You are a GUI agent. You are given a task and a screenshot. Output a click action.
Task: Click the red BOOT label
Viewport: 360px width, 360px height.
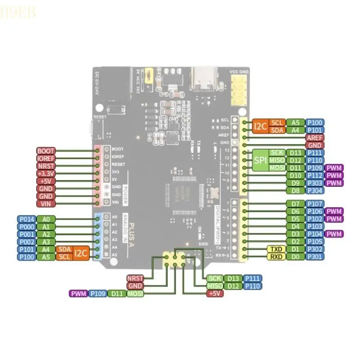[x=46, y=151]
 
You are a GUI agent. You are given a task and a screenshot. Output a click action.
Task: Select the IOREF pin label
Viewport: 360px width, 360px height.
[x=46, y=158]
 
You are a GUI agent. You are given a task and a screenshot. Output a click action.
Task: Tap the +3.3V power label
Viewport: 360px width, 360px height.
[x=46, y=174]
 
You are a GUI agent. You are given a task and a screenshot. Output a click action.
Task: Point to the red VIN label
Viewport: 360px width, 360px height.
[x=46, y=204]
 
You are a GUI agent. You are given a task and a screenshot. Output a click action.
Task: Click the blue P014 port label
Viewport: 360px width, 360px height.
[x=26, y=219]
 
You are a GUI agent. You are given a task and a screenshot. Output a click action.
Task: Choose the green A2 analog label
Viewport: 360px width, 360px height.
[x=45, y=234]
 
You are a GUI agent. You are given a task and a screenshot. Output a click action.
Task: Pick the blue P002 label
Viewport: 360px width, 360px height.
[x=26, y=242]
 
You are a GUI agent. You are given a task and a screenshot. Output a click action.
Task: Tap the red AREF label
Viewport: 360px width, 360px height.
[x=314, y=138]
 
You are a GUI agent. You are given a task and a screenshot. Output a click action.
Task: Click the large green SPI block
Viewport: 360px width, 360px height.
[x=260, y=160]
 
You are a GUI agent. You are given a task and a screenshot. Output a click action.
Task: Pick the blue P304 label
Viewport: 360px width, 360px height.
[x=314, y=190]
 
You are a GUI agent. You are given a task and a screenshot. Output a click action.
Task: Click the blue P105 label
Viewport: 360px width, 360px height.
[x=314, y=241]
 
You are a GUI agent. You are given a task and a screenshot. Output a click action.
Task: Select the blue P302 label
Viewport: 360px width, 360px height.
[x=314, y=249]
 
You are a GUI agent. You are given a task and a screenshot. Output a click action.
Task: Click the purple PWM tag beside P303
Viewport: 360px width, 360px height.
[x=334, y=183]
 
